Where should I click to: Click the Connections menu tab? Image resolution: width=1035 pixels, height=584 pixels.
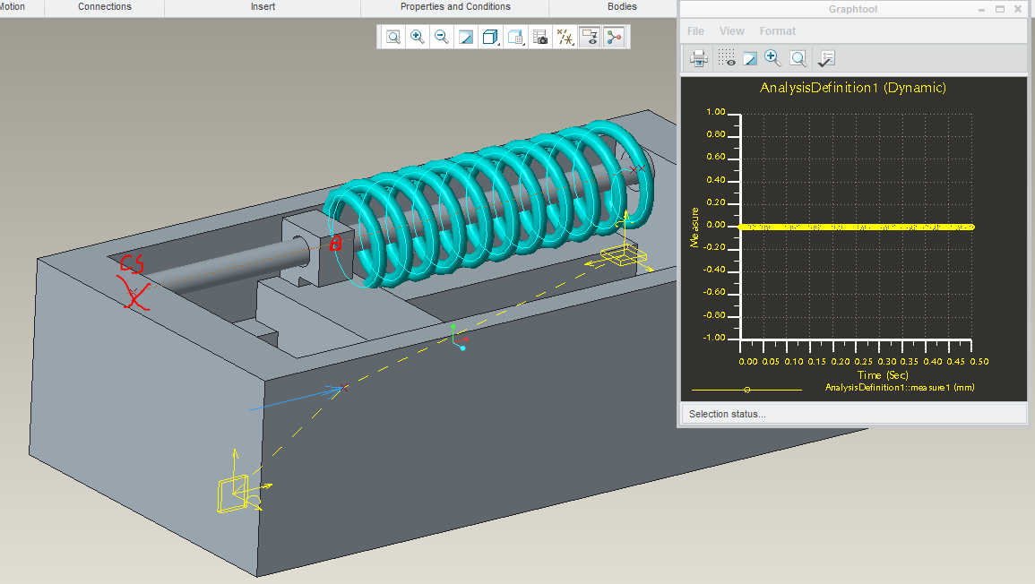coord(104,6)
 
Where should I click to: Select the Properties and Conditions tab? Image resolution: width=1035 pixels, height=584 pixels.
coord(455,6)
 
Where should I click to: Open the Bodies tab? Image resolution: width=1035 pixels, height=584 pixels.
coord(622,6)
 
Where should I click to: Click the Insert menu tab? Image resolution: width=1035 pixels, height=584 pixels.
coord(263,6)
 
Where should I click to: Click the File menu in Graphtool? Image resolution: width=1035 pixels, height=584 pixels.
coord(695,31)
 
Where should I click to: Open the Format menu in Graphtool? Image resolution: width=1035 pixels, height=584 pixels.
coord(778,31)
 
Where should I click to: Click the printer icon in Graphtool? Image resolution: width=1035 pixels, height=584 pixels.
coord(698,59)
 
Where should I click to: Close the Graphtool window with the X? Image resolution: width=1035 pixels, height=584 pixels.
coord(1018,9)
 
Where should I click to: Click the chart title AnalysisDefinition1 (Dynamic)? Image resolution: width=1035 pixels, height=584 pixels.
coord(853,88)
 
